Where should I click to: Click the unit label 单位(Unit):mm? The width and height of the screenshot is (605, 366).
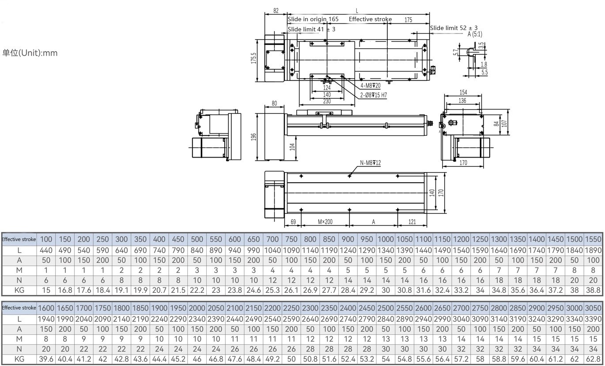[x=30, y=53]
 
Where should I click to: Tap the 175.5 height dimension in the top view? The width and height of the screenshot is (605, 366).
[x=253, y=58]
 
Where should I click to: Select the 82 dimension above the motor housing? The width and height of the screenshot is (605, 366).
[x=276, y=11]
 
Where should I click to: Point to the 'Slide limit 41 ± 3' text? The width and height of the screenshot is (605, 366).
[x=311, y=29]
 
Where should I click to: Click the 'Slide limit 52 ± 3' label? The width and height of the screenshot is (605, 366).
[x=454, y=28]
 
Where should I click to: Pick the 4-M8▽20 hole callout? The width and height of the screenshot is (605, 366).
[x=371, y=86]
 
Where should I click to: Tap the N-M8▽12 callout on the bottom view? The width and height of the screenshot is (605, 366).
[x=370, y=163]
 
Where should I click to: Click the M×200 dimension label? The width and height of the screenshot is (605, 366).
[x=325, y=222]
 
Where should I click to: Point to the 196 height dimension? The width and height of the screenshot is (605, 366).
[x=253, y=137]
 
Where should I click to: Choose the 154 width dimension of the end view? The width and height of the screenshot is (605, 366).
[x=463, y=92]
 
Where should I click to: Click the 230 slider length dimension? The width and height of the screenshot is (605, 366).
[x=327, y=102]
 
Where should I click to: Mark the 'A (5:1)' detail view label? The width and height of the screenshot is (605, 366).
[x=475, y=34]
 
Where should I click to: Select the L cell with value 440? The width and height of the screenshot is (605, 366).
[x=46, y=250]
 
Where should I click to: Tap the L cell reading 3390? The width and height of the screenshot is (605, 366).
[x=594, y=318]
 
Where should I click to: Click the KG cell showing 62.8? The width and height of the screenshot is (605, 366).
[x=594, y=359]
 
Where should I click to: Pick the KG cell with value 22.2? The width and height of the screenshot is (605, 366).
[x=197, y=290]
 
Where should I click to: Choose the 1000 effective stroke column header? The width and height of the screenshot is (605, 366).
[x=385, y=239]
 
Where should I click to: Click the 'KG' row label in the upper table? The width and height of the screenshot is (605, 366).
[x=19, y=290]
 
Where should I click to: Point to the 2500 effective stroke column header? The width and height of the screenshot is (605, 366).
[x=386, y=308]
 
